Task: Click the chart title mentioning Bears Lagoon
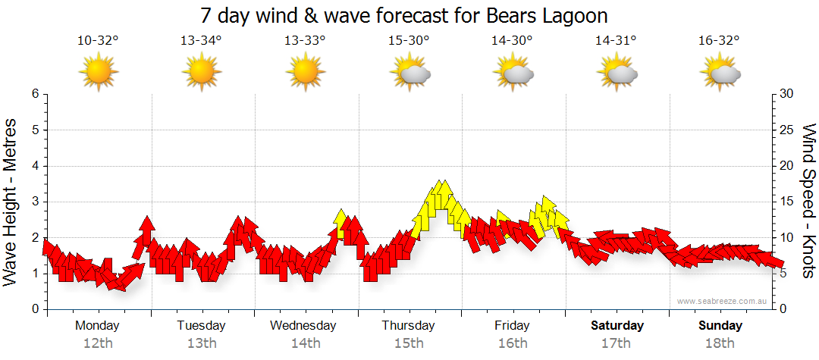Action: pyautogui.click(x=405, y=16)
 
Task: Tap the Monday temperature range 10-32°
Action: pyautogui.click(x=98, y=41)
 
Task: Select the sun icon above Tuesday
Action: pyautogui.click(x=202, y=73)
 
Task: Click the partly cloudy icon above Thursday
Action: pyautogui.click(x=410, y=74)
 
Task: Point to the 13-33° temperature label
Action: pyautogui.click(x=305, y=41)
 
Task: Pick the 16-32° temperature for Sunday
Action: pyautogui.click(x=719, y=41)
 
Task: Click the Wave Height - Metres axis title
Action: pyautogui.click(x=11, y=202)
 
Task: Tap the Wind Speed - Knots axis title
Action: pyautogui.click(x=807, y=202)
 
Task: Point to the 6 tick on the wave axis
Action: pyautogui.click(x=34, y=94)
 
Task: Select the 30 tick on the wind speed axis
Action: pyautogui.click(x=788, y=94)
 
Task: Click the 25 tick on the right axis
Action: pyautogui.click(x=788, y=130)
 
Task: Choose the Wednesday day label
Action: pyautogui.click(x=303, y=326)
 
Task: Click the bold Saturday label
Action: pyautogui.click(x=617, y=326)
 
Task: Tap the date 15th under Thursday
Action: pyautogui.click(x=409, y=343)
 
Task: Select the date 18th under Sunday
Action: pyautogui.click(x=720, y=343)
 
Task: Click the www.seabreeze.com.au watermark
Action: pyautogui.click(x=722, y=302)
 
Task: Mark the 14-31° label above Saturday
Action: pyautogui.click(x=616, y=41)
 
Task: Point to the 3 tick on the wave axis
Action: pyautogui.click(x=34, y=202)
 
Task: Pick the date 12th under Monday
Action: pyautogui.click(x=98, y=343)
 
